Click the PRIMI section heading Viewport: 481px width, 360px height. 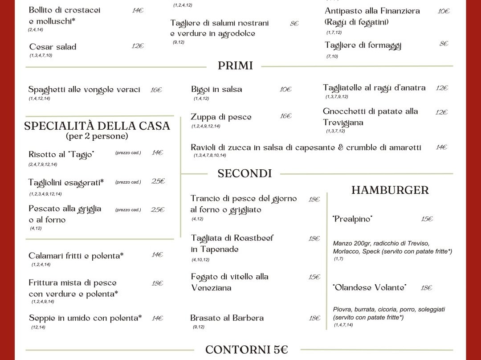click(235, 66)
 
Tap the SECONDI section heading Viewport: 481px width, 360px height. click(245, 173)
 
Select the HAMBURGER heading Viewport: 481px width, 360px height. click(390, 190)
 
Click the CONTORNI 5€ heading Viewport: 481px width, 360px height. click(247, 350)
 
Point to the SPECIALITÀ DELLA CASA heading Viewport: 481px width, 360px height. click(97, 126)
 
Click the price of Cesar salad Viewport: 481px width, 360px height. click(138, 46)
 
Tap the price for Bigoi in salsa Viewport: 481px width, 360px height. click(285, 89)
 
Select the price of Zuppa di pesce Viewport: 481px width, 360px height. click(285, 116)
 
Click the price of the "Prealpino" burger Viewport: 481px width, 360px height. click(427, 219)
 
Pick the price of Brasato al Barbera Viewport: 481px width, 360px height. click(314, 318)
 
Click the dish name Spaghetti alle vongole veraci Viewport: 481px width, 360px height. click(84, 90)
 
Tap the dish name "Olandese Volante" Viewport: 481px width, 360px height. click(369, 288)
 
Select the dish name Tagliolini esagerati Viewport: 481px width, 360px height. click(66, 182)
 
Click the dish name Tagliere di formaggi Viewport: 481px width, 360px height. click(363, 45)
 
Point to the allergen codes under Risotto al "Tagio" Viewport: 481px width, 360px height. click(43, 164)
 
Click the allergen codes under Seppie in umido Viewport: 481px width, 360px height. click(38, 327)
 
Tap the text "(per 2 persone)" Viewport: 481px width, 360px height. click(97, 136)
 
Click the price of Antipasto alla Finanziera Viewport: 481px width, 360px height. click(443, 11)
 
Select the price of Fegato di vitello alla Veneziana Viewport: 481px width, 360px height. click(314, 277)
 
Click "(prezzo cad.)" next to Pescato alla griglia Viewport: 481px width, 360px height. click(128, 210)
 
